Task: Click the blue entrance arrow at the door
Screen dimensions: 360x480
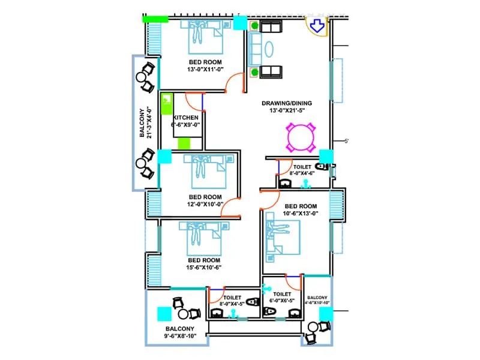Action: coord(317,25)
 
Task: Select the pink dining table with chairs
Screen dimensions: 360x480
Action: coord(301,137)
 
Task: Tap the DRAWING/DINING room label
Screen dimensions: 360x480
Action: coord(295,106)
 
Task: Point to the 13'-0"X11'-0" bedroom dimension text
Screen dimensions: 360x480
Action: coord(205,70)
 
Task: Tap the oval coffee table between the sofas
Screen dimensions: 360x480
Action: coord(268,49)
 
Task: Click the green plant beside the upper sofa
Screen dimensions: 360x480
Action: coord(255,26)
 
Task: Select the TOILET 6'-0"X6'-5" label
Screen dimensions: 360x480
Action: coord(282,298)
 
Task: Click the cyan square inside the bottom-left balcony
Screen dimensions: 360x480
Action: coord(164,313)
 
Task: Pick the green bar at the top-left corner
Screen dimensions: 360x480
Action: coord(155,19)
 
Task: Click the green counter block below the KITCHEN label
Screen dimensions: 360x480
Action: coord(184,143)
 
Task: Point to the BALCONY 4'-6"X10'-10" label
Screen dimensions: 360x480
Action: coord(317,300)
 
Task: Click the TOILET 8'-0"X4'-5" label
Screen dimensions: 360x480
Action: coord(232,301)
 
